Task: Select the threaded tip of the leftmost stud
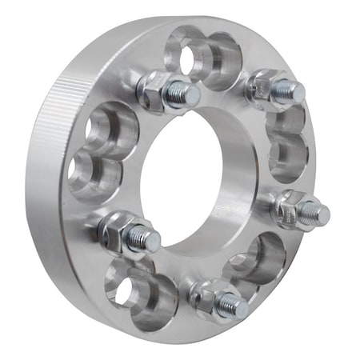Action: [146, 238]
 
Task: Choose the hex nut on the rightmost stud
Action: [289, 207]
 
